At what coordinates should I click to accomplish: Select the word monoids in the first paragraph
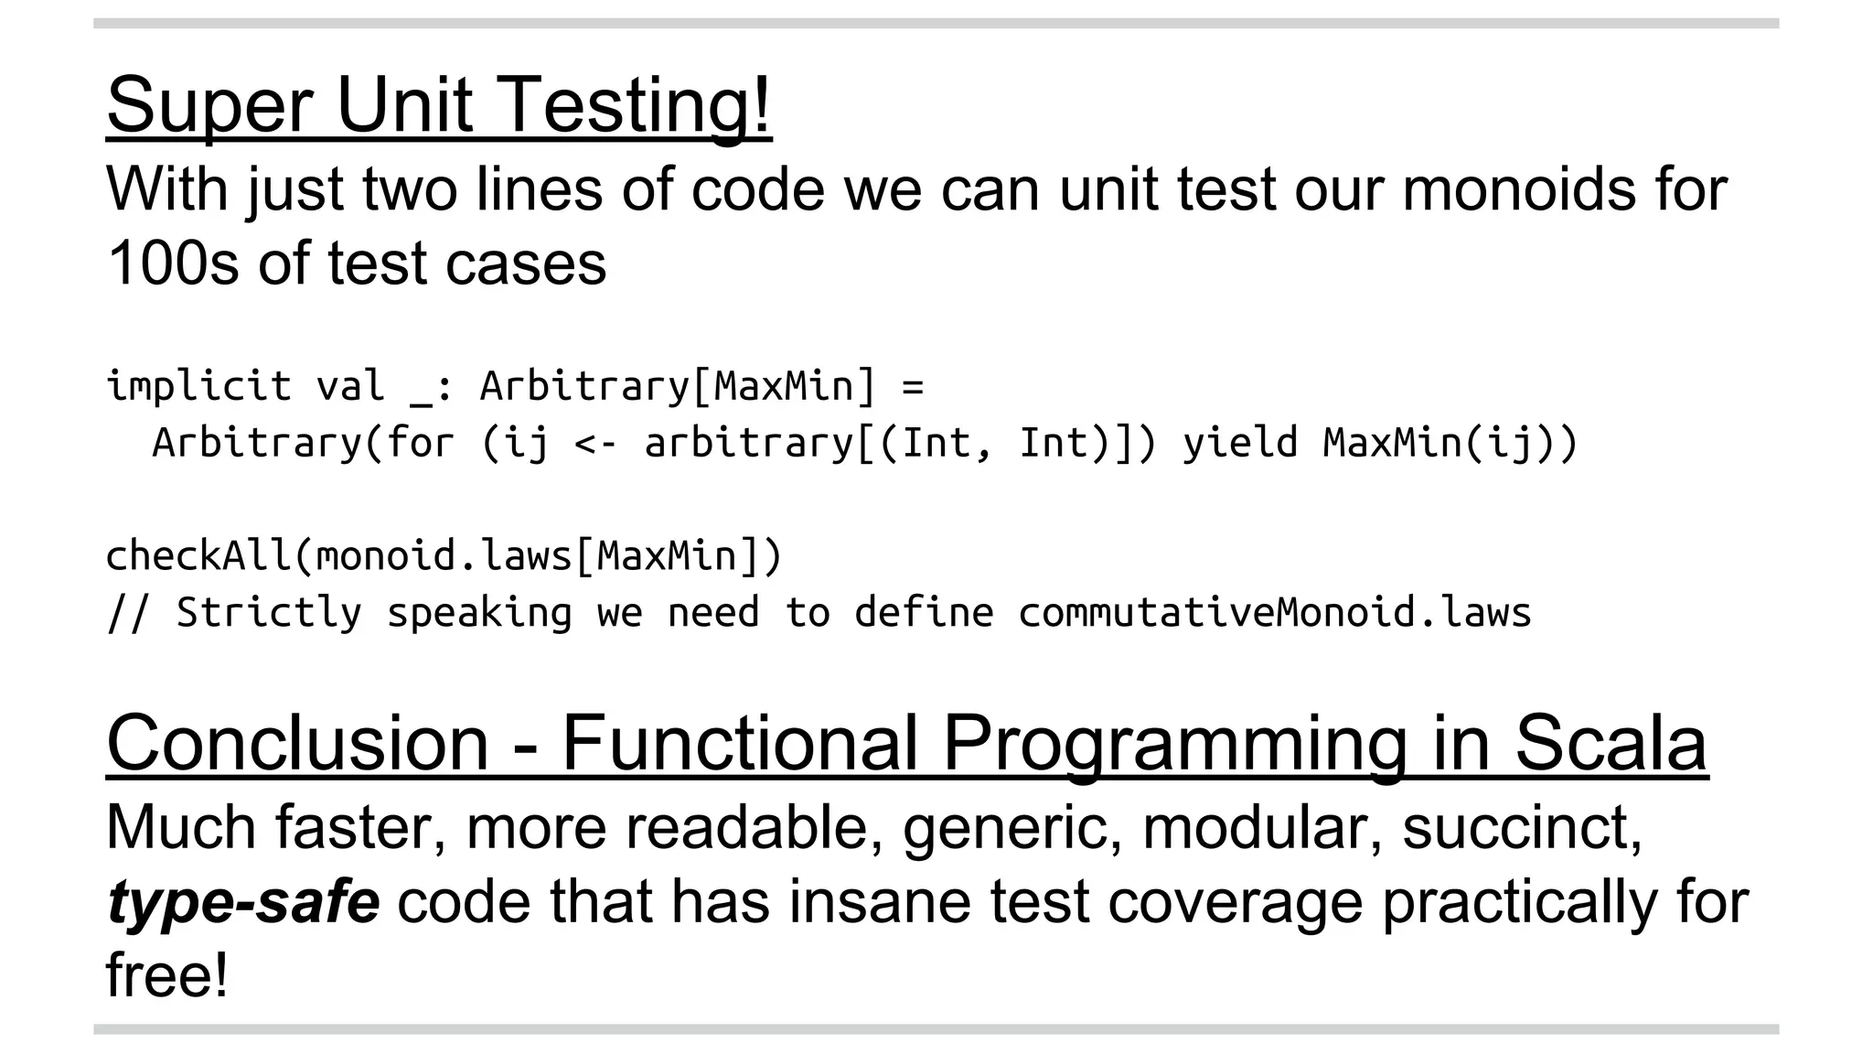(1518, 189)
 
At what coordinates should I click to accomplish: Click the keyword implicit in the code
(198, 386)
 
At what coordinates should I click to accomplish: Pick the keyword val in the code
(350, 386)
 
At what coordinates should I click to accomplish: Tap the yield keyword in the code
(1239, 443)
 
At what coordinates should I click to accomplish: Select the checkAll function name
(198, 556)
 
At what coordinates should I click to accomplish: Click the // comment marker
(127, 613)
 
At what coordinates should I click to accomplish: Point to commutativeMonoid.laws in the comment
(1274, 613)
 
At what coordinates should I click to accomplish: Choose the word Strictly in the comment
(269, 613)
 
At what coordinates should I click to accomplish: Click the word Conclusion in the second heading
(298, 743)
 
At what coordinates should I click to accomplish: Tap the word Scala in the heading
(1611, 743)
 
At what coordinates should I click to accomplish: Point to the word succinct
(1522, 827)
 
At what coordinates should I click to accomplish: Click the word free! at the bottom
(166, 975)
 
